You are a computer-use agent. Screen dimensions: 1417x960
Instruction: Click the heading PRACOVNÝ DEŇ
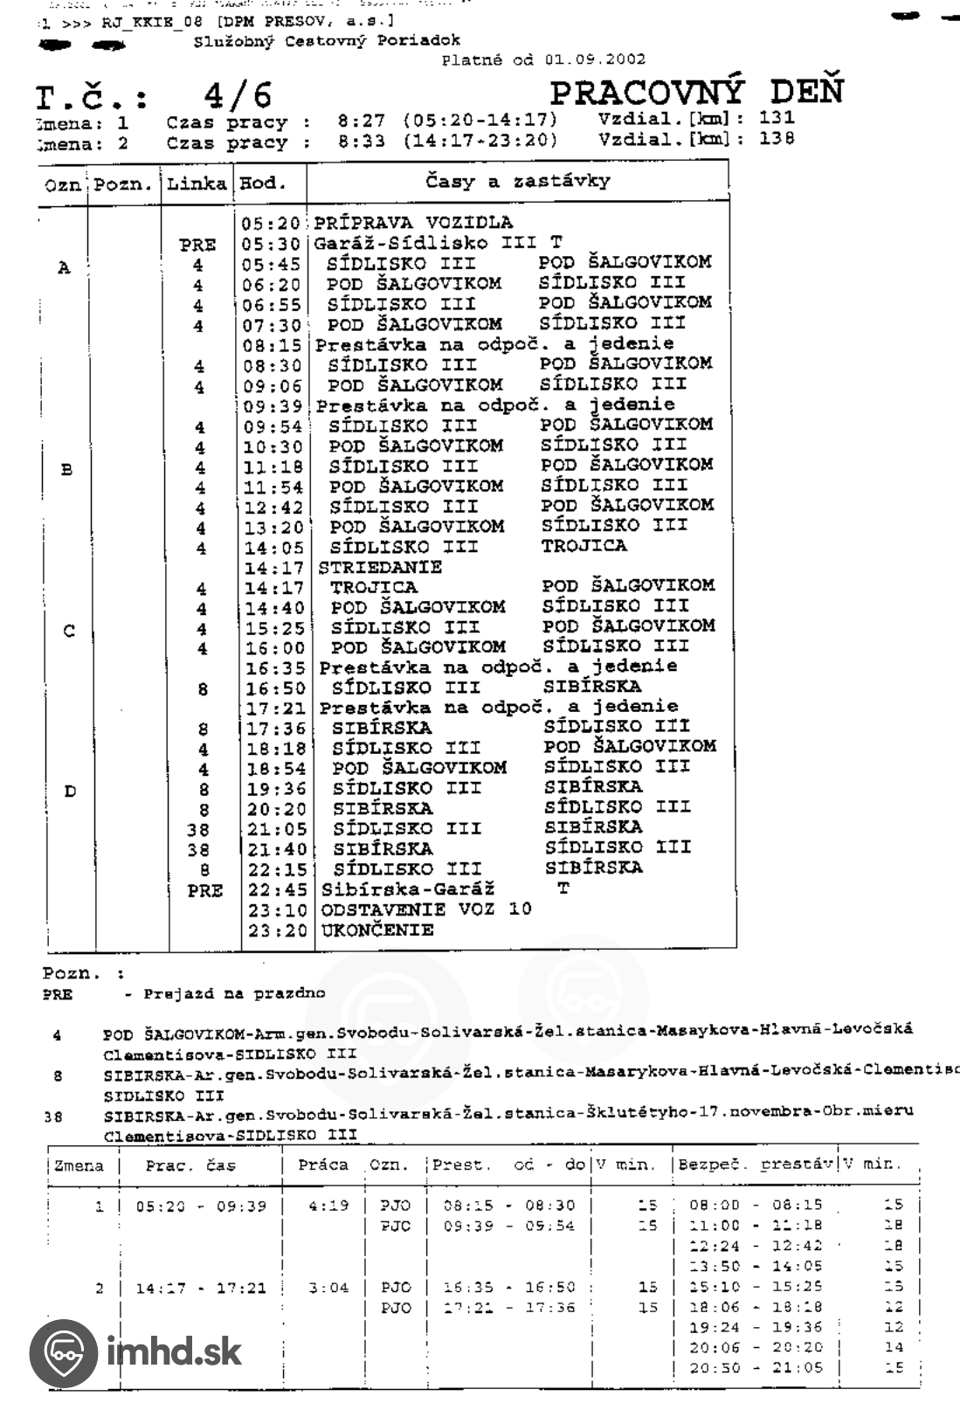pos(697,92)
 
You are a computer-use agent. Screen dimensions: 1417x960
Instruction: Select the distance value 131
pos(776,117)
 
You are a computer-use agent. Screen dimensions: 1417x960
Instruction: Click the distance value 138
pos(776,138)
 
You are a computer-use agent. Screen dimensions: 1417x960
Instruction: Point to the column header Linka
pos(197,183)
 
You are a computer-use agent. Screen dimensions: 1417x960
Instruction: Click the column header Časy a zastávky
pos(517,182)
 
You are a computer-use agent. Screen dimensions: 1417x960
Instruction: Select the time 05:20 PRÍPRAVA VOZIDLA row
pos(272,224)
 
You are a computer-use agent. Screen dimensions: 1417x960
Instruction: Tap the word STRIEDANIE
pos(380,567)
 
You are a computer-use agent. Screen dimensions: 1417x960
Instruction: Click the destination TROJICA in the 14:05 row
pos(584,546)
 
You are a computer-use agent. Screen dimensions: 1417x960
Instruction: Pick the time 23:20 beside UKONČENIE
pos(277,931)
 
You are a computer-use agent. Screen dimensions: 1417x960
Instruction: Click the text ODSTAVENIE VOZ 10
pos(426,909)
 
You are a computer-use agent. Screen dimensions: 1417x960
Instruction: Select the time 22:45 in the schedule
pos(277,890)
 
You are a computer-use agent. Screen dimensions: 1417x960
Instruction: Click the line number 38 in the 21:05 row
pos(198,830)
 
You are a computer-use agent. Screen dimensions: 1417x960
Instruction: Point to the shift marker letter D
pos(70,791)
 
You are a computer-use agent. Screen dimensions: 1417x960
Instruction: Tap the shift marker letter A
pos(64,268)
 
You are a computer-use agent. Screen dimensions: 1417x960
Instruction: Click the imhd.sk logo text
pos(174,1353)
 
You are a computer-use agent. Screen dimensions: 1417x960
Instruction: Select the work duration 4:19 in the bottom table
pos(328,1206)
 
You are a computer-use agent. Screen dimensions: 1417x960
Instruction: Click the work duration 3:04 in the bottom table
pos(328,1288)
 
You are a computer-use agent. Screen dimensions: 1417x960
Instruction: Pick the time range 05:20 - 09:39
pos(201,1206)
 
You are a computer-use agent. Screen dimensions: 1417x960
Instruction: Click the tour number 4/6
pos(238,95)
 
